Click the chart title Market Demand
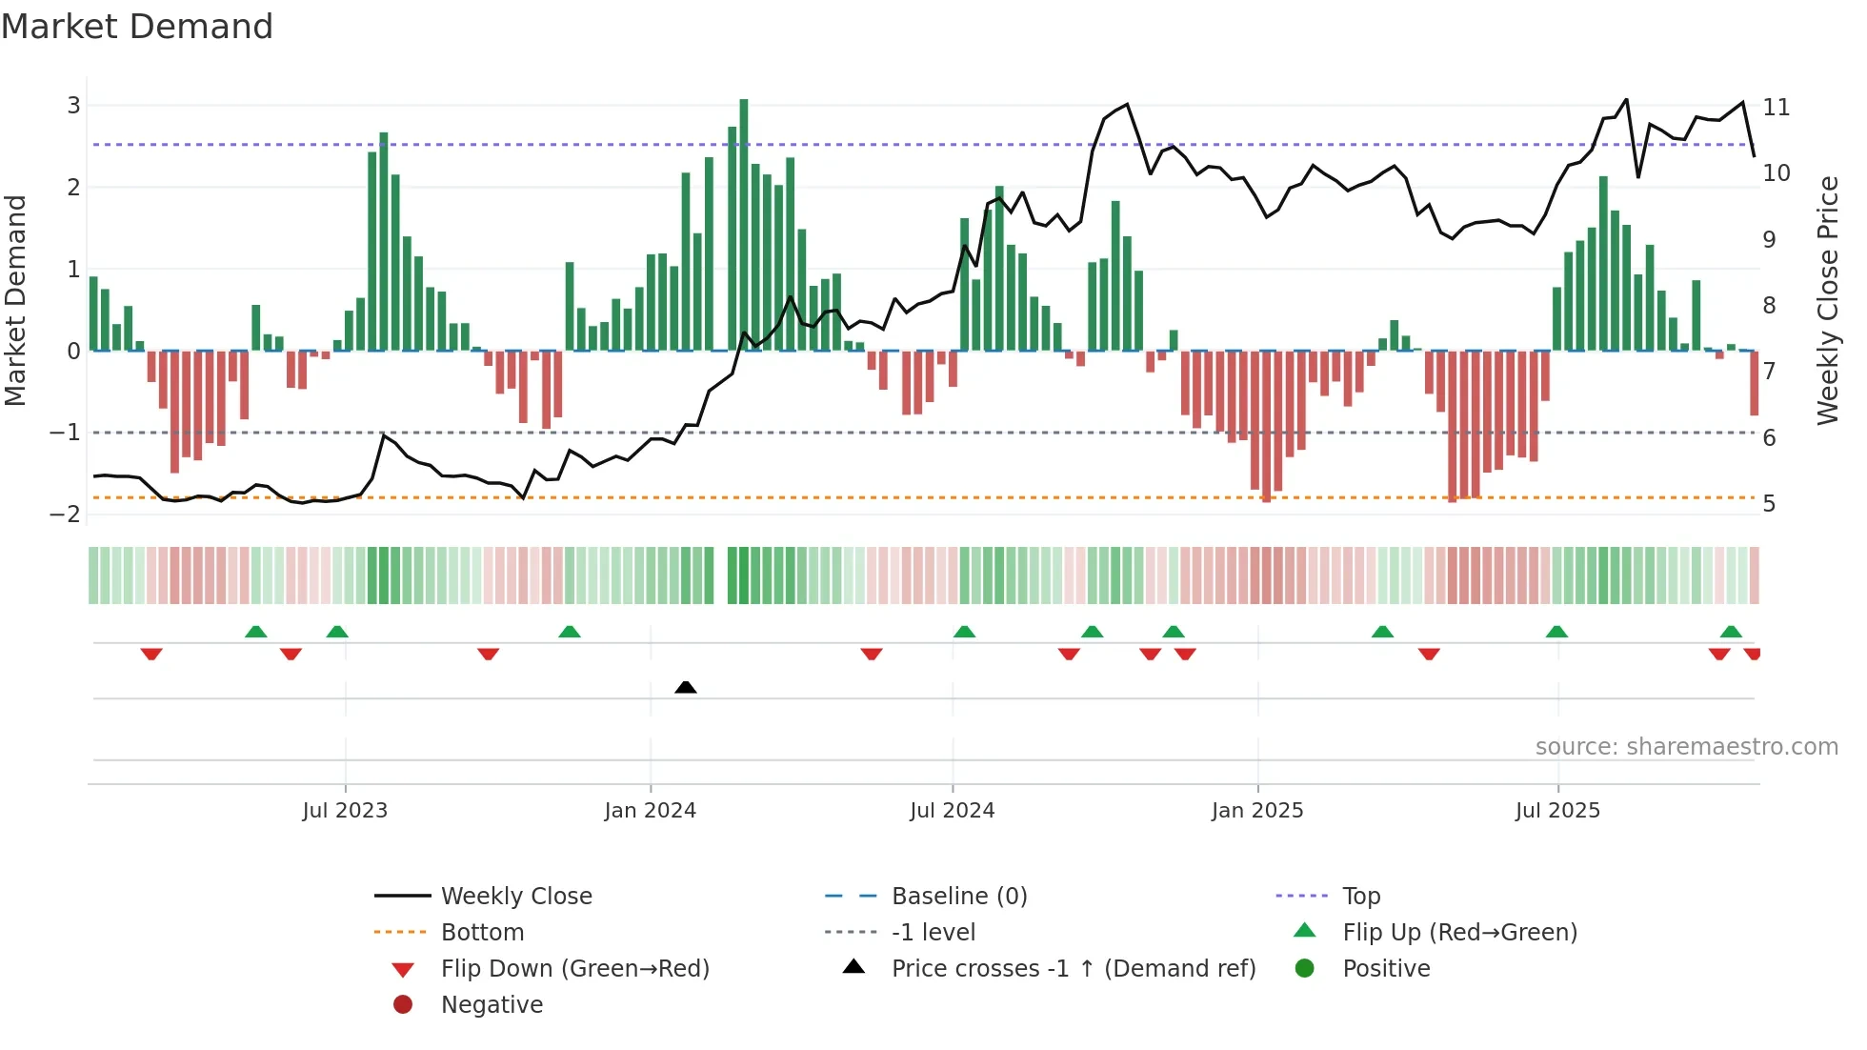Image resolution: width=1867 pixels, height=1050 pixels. tap(137, 27)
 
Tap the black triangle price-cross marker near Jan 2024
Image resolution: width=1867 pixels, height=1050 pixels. tap(686, 687)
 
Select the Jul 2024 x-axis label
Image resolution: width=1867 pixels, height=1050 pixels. tap(952, 811)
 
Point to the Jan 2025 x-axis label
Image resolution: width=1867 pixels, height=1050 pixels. tap(1257, 811)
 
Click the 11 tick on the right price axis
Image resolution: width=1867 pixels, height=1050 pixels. tap(1776, 107)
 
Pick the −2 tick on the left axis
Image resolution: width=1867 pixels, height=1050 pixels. tap(66, 515)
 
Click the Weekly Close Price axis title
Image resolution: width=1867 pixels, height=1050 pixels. tap(1827, 300)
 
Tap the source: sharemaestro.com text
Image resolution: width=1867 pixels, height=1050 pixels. tap(1686, 747)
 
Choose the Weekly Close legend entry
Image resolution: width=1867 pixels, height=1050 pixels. tap(516, 897)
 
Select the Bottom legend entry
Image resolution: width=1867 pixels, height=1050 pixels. tap(482, 933)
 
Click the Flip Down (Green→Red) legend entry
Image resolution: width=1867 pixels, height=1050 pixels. tap(574, 969)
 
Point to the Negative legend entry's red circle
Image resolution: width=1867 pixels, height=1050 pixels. tap(403, 1005)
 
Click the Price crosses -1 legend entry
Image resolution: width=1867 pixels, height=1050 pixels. tap(1073, 969)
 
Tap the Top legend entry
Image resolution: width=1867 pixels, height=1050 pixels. tap(1361, 897)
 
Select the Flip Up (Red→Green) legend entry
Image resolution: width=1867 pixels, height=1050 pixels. tap(1459, 933)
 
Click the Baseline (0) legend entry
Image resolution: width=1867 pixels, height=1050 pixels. tap(958, 897)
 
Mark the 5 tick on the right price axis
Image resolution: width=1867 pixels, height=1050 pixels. tap(1769, 504)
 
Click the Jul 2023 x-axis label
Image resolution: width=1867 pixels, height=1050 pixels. tap(345, 811)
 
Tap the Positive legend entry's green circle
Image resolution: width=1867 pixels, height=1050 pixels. tap(1305, 969)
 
